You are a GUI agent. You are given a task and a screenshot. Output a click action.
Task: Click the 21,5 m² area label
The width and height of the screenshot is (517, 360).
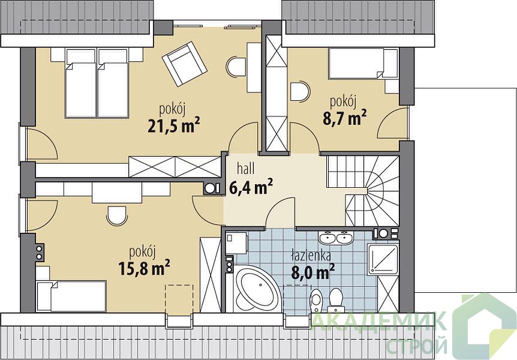coord(174,125)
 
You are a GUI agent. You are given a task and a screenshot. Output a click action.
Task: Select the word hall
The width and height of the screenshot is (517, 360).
coord(246,169)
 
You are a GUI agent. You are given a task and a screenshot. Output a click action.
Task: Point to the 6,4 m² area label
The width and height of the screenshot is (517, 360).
coord(251,187)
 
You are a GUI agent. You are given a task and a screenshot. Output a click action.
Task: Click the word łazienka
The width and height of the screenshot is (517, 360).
coord(311,256)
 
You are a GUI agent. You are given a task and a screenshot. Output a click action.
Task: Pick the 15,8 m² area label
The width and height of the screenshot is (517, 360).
coord(144,268)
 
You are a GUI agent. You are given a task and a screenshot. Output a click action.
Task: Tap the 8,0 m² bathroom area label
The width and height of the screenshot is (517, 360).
coord(313,272)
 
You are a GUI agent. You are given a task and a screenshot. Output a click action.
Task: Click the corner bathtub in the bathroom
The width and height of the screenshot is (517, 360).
coord(257,289)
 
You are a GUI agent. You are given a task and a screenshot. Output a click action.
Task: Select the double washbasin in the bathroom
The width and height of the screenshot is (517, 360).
coord(336,238)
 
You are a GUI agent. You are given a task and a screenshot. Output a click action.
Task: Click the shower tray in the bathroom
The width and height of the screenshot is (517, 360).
coord(383,259)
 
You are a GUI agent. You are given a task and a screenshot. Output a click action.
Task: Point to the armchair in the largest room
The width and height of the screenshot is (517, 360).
coord(185,64)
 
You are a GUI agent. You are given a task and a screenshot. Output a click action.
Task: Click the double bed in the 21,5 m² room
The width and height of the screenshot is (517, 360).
coord(97,83)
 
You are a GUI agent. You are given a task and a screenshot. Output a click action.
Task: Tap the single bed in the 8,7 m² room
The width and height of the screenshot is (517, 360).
coord(363,64)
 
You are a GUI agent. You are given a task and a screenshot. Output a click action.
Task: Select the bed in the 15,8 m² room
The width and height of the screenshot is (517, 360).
coord(71,296)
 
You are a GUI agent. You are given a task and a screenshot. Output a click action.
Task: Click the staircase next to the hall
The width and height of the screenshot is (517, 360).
coord(363,191)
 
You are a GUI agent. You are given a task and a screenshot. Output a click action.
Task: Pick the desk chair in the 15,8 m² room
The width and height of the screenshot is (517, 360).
coord(117,216)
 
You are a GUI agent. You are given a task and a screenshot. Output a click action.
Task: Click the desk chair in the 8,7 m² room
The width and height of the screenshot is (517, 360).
coord(300,91)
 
